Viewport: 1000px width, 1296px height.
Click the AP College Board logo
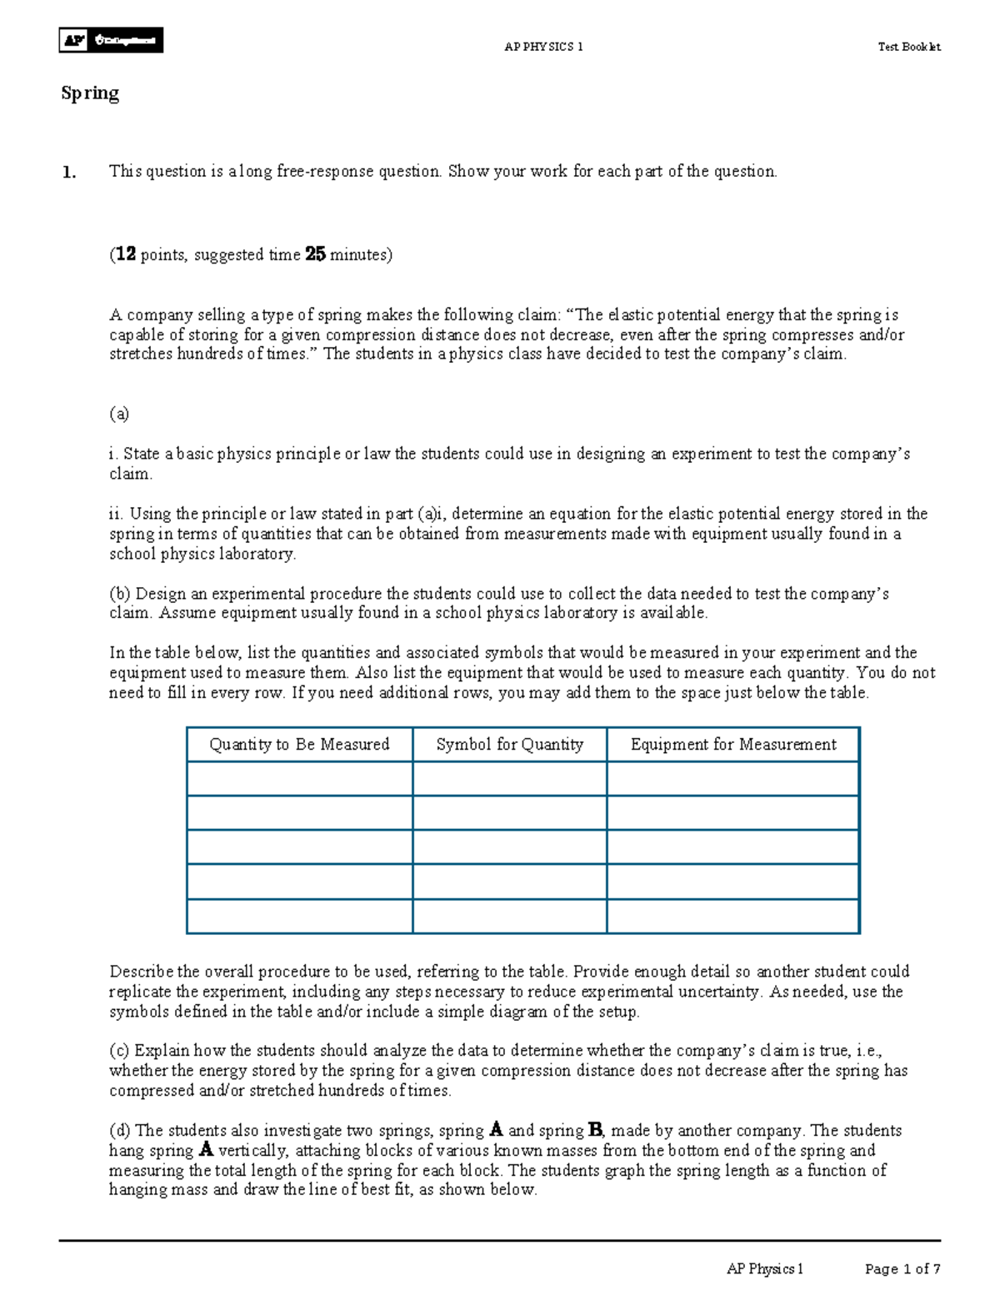111,40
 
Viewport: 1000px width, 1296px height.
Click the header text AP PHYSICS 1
543,47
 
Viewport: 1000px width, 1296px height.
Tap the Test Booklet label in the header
908,47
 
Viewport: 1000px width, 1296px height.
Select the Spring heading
90,93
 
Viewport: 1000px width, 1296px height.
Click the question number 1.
68,173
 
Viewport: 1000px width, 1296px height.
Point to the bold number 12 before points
126,254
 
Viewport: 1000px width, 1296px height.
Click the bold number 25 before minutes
315,254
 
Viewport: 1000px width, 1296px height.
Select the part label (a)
119,414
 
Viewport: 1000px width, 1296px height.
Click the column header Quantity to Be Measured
299,744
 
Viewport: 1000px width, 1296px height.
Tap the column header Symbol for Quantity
509,744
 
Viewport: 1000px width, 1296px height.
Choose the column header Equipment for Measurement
733,744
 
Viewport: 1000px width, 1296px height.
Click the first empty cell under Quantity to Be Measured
299,779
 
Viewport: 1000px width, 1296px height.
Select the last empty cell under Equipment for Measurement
733,916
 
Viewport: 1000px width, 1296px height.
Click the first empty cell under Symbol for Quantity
509,779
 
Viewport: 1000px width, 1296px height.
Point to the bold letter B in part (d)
595,1130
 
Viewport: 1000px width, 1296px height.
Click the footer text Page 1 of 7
902,1268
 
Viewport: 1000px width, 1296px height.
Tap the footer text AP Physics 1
764,1268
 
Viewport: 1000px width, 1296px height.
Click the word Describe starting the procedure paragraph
141,972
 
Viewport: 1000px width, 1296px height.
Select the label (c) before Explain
120,1051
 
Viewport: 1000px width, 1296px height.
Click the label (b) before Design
120,594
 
